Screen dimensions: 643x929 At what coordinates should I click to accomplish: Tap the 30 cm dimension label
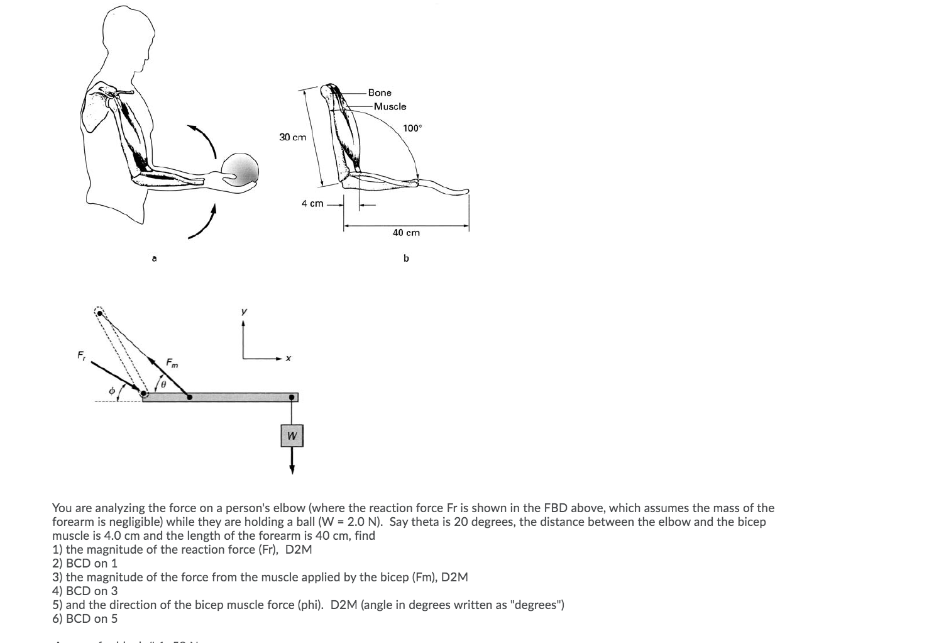pos(292,137)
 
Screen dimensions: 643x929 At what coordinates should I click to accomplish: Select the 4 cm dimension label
pos(312,203)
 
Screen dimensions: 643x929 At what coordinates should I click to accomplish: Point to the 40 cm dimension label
pos(406,233)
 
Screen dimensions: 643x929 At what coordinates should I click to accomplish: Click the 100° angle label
pos(412,128)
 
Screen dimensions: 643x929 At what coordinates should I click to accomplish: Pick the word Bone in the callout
pos(380,92)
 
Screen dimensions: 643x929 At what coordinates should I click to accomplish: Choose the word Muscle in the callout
pos(390,106)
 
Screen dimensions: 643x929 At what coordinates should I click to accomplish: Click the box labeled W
pos(292,435)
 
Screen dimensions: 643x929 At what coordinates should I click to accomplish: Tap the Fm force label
pos(172,362)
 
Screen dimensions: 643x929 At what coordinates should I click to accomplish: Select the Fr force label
pos(81,355)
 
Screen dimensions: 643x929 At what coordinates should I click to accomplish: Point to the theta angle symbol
pos(163,383)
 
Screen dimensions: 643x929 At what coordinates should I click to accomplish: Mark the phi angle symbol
pos(111,391)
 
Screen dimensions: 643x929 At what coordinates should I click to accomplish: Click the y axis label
pos(244,311)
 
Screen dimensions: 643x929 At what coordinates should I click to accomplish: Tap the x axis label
pos(287,359)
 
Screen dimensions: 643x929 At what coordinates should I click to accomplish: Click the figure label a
pos(155,258)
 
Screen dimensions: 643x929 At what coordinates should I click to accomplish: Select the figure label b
pos(406,258)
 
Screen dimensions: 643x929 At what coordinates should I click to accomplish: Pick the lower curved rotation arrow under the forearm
pos(205,225)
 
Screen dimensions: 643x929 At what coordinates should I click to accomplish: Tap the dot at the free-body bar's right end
pos(292,397)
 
